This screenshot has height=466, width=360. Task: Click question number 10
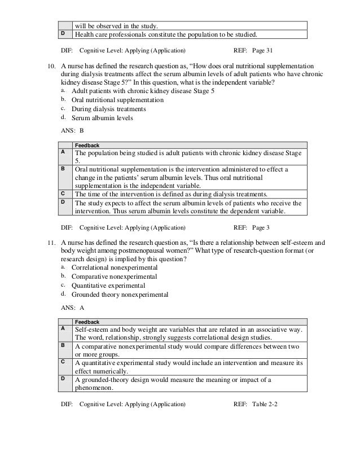[x=50, y=66]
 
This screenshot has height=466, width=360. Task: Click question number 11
[x=50, y=244]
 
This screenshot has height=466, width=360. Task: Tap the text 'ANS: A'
[x=72, y=309]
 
